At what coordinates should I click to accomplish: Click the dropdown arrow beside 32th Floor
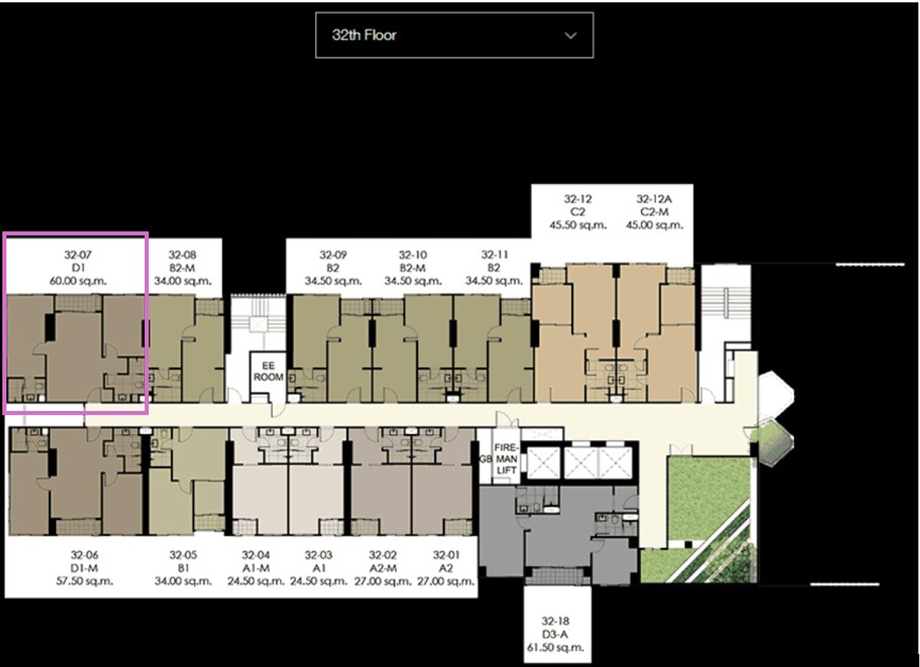click(x=571, y=36)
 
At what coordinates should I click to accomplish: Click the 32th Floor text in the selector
click(x=364, y=35)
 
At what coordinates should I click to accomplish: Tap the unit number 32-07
click(x=78, y=255)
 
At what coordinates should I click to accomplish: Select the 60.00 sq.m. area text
click(x=78, y=281)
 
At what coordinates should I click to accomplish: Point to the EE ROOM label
click(x=268, y=371)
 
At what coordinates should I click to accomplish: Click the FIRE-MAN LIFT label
click(x=507, y=458)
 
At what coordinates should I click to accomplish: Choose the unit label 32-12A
click(x=654, y=199)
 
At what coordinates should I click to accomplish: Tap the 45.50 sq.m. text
click(x=578, y=225)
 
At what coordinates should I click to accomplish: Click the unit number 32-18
click(x=555, y=621)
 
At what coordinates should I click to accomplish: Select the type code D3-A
click(x=555, y=634)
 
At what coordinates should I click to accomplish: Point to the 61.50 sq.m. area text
click(x=555, y=648)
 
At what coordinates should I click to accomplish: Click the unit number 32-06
click(x=84, y=555)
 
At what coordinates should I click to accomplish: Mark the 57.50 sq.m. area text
click(x=84, y=581)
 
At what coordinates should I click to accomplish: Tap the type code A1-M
click(x=255, y=568)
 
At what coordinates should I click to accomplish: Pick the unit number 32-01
click(x=446, y=555)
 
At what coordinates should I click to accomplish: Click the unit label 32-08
click(x=182, y=255)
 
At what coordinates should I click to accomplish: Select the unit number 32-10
click(x=412, y=255)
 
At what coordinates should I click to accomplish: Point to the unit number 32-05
click(x=183, y=555)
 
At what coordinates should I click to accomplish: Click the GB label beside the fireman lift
click(x=486, y=458)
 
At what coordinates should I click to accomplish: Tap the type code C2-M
click(x=654, y=212)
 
